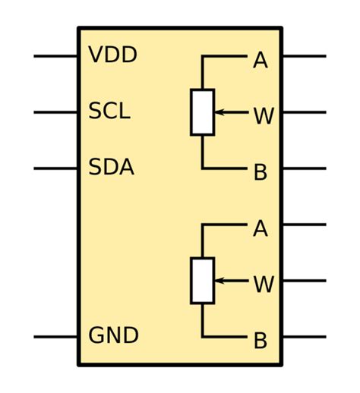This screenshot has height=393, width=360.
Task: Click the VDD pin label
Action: pos(112,55)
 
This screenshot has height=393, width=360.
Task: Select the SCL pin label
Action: pos(109,112)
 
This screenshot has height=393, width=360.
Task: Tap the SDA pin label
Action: pos(111,168)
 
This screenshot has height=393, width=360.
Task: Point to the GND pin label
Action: pos(113,335)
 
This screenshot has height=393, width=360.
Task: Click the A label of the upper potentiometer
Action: pos(260,61)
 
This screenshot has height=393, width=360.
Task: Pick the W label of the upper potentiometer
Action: pos(263,116)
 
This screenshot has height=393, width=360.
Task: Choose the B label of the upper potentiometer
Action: pos(260,172)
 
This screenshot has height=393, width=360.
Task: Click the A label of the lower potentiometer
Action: pos(260,228)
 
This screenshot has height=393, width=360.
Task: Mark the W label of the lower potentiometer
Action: pos(263,285)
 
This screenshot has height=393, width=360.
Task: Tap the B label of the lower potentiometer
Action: pos(260,341)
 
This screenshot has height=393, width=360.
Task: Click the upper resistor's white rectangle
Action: pos(202,112)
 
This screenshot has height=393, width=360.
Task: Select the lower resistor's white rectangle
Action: pos(202,281)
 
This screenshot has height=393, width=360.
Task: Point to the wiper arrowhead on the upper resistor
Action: pos(218,112)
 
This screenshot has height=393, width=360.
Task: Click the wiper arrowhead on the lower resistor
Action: pos(218,281)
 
